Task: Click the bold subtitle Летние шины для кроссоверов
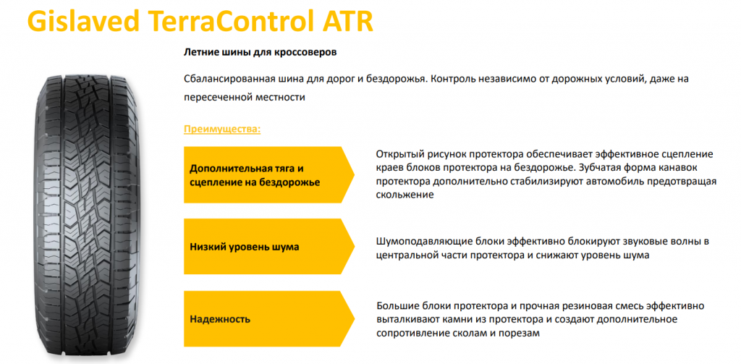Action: click(x=261, y=53)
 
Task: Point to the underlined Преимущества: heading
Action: click(x=222, y=130)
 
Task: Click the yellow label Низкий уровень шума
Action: click(x=245, y=247)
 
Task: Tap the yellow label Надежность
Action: click(x=220, y=319)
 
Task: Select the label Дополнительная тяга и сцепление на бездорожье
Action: click(x=255, y=175)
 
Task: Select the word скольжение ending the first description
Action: click(x=405, y=195)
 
